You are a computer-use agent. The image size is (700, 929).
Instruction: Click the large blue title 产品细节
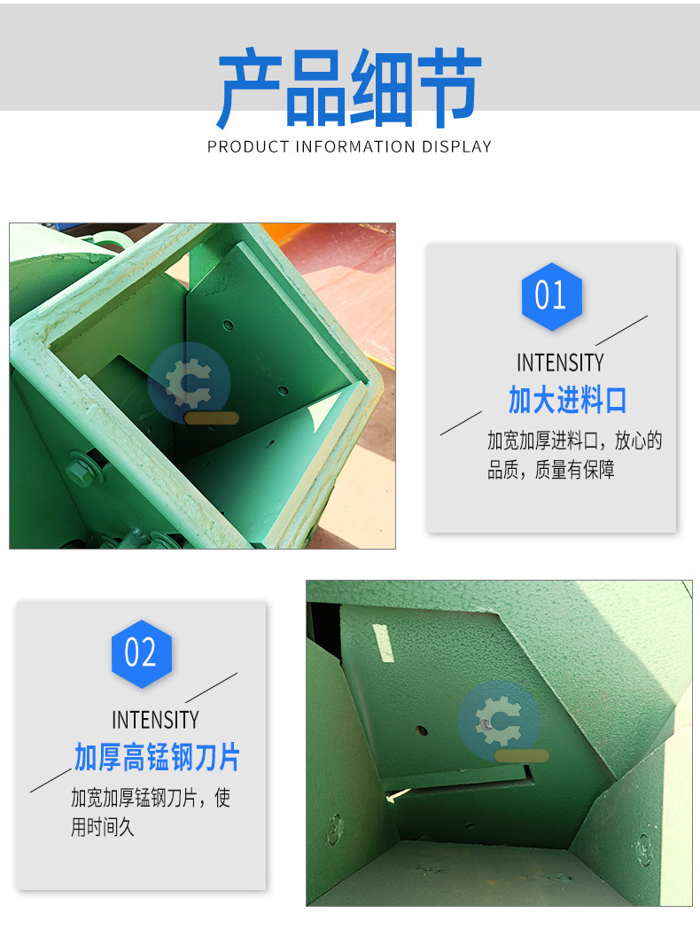(349, 89)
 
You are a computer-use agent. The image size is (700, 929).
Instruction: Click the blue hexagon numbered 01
(551, 296)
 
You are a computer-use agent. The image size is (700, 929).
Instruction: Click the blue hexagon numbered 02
(141, 654)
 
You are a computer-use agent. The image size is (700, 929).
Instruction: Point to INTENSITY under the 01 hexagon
(560, 363)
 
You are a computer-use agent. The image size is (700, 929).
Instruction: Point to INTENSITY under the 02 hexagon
(155, 719)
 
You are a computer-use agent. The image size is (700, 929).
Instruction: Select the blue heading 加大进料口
(567, 400)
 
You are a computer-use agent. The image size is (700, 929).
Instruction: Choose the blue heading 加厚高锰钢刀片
(157, 758)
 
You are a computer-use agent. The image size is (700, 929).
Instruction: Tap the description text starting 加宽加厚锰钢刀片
(150, 812)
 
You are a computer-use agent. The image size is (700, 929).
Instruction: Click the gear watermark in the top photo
(189, 382)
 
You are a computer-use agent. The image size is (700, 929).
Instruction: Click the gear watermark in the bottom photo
(498, 719)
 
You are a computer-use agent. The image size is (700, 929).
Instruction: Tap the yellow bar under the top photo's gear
(212, 418)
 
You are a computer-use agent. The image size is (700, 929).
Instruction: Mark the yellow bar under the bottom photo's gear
(521, 756)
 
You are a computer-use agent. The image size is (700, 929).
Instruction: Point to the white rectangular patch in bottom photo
(383, 643)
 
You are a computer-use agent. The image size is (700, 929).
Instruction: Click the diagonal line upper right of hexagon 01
(621, 331)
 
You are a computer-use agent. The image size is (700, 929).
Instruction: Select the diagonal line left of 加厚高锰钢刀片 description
(51, 780)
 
